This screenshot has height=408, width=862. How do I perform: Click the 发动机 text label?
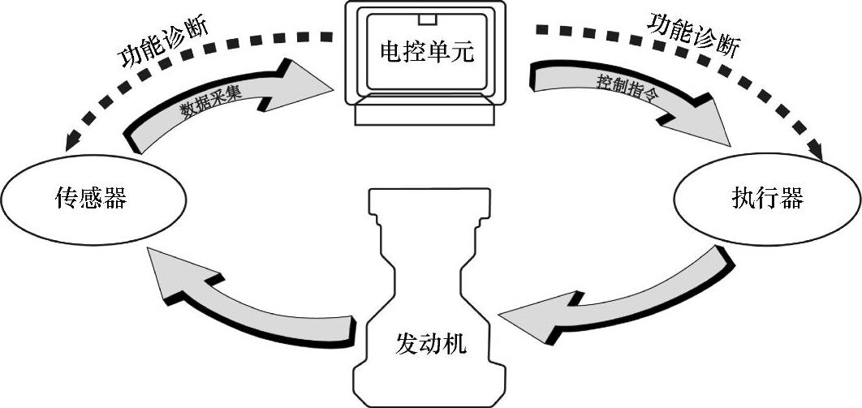click(x=431, y=344)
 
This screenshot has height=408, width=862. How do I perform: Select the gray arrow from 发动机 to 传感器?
click(x=244, y=301)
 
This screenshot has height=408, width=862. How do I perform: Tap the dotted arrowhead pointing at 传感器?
click(x=68, y=143)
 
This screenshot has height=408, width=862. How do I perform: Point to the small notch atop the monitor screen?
click(x=426, y=17)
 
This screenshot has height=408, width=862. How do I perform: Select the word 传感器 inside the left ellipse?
click(x=91, y=198)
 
